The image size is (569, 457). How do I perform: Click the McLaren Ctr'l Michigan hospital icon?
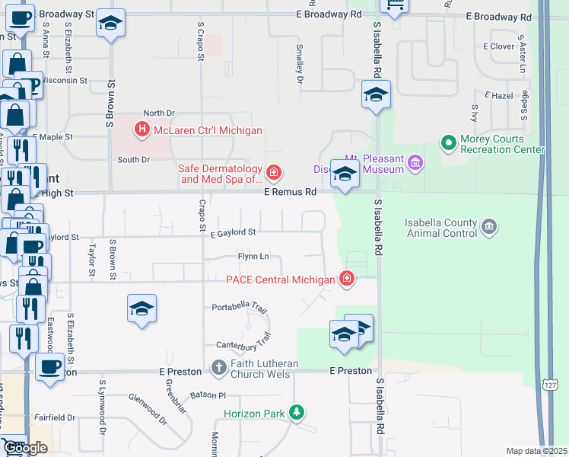(141, 130)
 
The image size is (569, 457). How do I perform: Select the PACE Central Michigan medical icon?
(347, 280)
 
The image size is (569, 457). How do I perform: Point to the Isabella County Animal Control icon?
(489, 226)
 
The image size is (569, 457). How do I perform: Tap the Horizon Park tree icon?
(296, 414)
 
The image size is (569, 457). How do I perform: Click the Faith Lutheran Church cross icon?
(218, 368)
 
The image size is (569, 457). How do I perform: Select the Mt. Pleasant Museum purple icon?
(415, 162)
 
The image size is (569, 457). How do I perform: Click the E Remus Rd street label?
(290, 193)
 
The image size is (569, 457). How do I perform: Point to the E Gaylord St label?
(233, 232)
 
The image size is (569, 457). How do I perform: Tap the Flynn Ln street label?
(253, 257)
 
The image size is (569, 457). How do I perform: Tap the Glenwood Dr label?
(148, 408)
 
